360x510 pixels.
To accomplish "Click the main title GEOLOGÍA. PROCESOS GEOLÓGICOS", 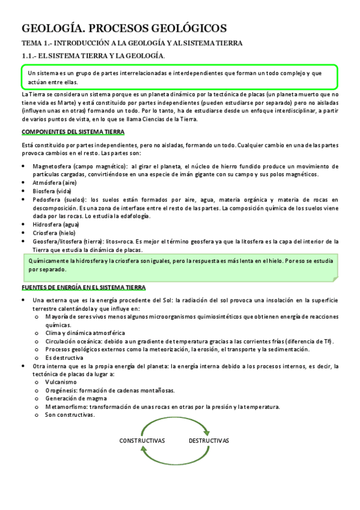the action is point(124,28).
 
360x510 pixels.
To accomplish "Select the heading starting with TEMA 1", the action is point(131,43).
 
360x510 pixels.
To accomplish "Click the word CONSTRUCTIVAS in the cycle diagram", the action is point(142,440).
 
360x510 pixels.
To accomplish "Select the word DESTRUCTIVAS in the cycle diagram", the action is point(209,440).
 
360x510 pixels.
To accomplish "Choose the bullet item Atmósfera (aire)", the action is point(55,182).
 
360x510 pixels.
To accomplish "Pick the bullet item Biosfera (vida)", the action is point(52,191).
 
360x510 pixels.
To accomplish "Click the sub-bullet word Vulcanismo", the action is point(61,382).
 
